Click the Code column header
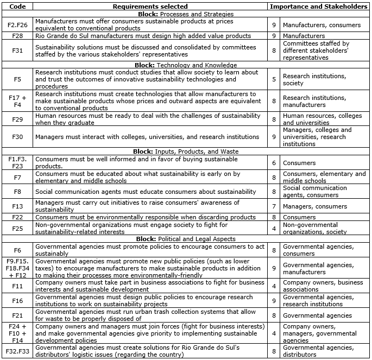click(17, 6)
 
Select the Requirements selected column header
click(150, 6)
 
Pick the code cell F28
click(17, 36)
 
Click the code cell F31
click(17, 50)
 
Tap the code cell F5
click(17, 79)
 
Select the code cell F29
click(17, 119)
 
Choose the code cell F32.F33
click(17, 351)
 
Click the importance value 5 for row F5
click(274, 79)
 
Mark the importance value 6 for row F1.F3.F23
click(274, 163)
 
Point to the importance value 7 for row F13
click(274, 206)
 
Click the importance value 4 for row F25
click(274, 228)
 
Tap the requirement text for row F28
click(143, 36)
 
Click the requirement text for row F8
click(145, 192)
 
